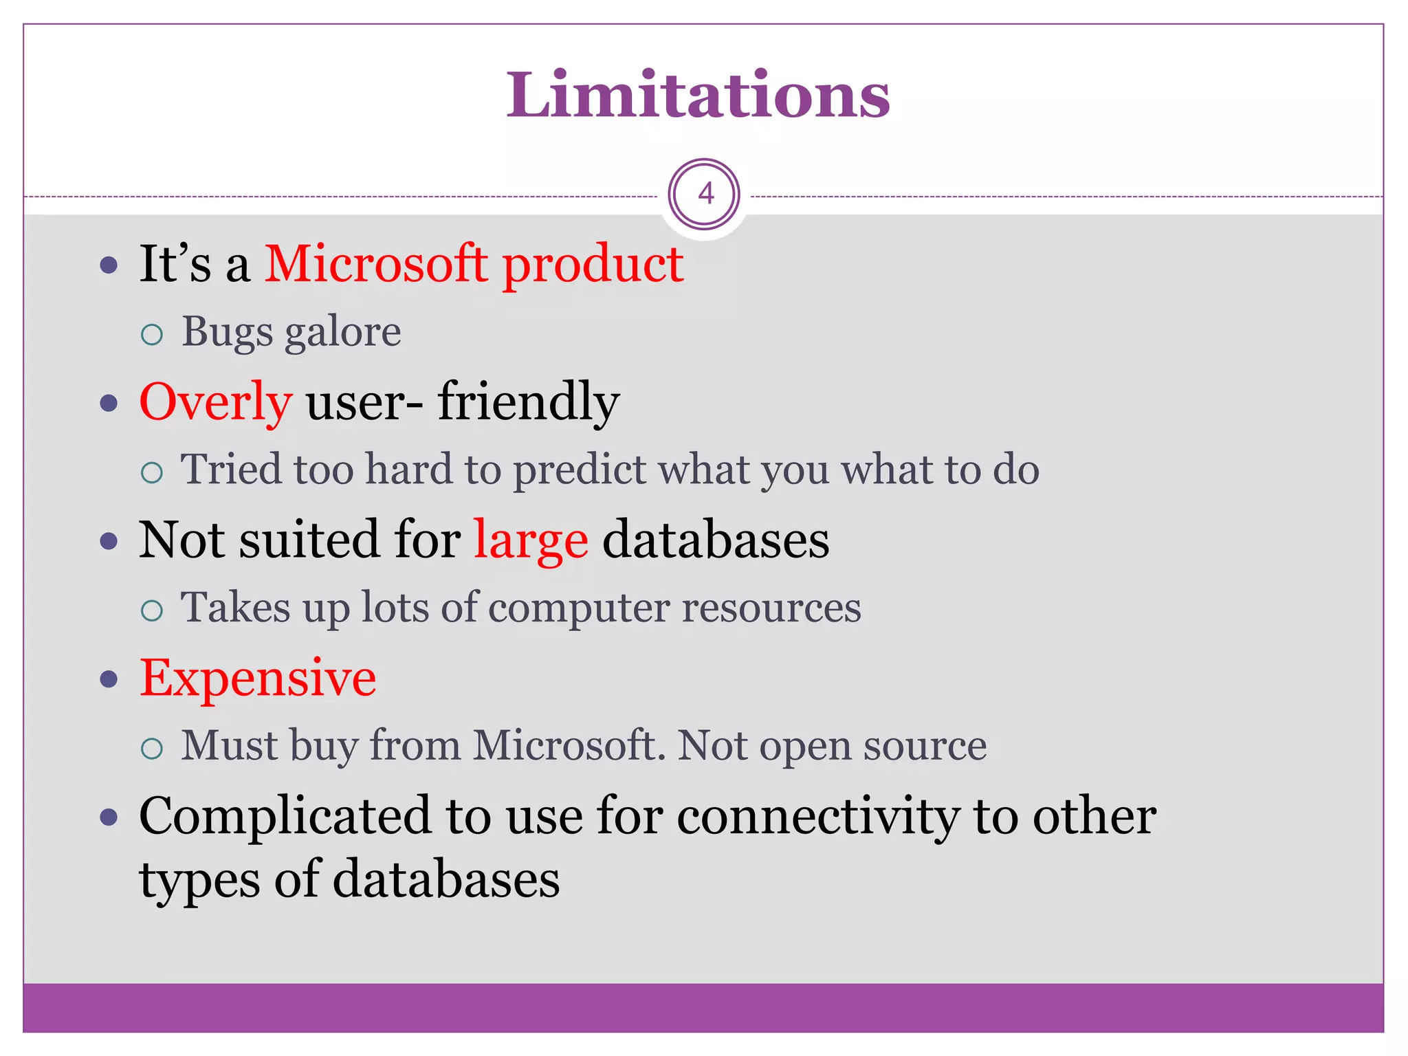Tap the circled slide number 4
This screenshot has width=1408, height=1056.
(x=705, y=195)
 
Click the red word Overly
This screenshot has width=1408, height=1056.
(x=215, y=402)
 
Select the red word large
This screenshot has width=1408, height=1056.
(x=530, y=540)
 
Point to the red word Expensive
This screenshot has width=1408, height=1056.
(x=258, y=679)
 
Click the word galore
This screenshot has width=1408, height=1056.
(x=342, y=333)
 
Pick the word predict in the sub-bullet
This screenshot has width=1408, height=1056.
(x=579, y=470)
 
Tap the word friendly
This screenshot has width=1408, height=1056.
(x=528, y=401)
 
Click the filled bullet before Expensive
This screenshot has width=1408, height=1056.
(x=109, y=679)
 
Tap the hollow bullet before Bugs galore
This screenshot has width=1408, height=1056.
(x=151, y=335)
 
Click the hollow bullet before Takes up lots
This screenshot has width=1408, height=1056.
(x=151, y=610)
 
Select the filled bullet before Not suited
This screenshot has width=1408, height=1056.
(x=109, y=541)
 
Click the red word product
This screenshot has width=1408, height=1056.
(x=593, y=265)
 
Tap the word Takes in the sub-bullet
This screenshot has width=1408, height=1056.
(x=235, y=608)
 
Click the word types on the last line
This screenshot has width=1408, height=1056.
(x=199, y=881)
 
